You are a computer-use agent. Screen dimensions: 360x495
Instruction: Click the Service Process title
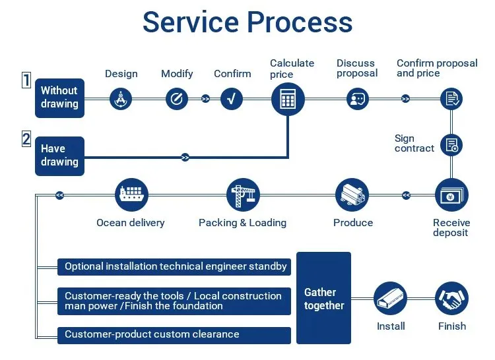pyautogui.click(x=247, y=22)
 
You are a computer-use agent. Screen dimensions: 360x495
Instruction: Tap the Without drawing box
pyautogui.click(x=59, y=98)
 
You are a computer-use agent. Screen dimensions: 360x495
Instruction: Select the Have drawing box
pyautogui.click(x=59, y=156)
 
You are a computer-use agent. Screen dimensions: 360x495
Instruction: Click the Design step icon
pyautogui.click(x=120, y=99)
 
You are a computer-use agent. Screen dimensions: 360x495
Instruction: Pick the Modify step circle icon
pyautogui.click(x=176, y=99)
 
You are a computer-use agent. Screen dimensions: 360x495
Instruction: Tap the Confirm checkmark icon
pyautogui.click(x=232, y=99)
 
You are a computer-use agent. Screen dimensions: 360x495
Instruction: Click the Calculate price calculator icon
pyautogui.click(x=288, y=99)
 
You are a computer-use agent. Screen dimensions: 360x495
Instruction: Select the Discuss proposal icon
pyautogui.click(x=357, y=99)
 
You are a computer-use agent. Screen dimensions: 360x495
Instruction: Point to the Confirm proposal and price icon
pyautogui.click(x=451, y=99)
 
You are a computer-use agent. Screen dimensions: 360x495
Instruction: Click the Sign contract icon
pyautogui.click(x=451, y=145)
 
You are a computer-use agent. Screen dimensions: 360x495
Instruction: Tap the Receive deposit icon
pyautogui.click(x=451, y=195)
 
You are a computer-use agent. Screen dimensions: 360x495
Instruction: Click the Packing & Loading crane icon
pyautogui.click(x=243, y=195)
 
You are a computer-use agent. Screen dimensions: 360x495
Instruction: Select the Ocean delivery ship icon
pyautogui.click(x=131, y=195)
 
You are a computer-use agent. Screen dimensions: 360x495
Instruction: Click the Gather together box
pyautogui.click(x=323, y=298)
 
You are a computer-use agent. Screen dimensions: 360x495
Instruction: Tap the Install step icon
pyautogui.click(x=391, y=299)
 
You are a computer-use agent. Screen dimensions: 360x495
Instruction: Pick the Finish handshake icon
pyautogui.click(x=451, y=299)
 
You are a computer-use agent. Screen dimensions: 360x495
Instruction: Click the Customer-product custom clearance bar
pyautogui.click(x=174, y=335)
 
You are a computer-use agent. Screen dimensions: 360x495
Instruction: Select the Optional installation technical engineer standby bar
pyautogui.click(x=174, y=266)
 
